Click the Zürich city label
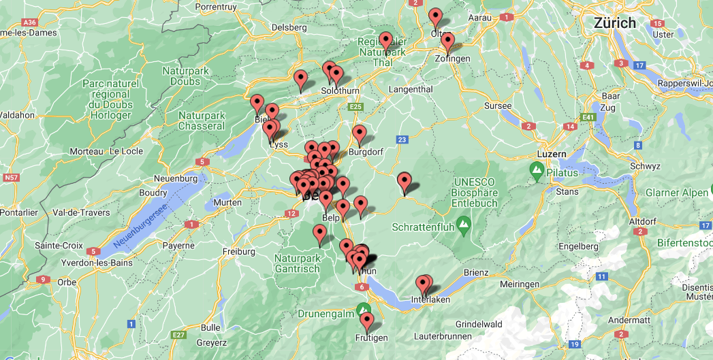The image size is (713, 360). click(x=614, y=22)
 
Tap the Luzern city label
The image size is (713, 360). click(x=552, y=154)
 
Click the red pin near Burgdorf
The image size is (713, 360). click(x=359, y=134)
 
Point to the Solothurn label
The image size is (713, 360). click(x=340, y=91)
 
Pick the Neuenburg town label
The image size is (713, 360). click(x=177, y=178)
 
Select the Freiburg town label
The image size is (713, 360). click(x=239, y=252)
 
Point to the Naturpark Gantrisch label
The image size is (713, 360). click(x=297, y=263)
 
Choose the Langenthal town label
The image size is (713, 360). click(x=411, y=89)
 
